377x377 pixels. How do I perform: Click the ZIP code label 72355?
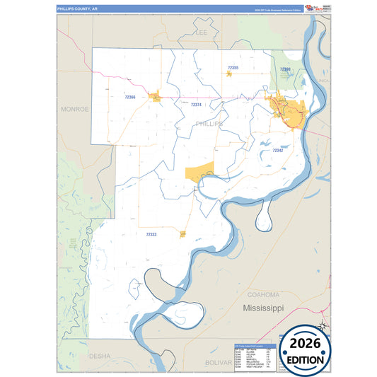pyautogui.click(x=233, y=68)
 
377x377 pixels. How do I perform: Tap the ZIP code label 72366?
pyautogui.click(x=129, y=97)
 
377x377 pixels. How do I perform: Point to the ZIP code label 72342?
pyautogui.click(x=277, y=151)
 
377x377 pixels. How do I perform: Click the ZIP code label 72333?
pyautogui.click(x=151, y=233)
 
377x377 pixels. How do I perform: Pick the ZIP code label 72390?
pyautogui.click(x=284, y=69)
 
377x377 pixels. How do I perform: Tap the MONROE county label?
pyautogui.click(x=74, y=110)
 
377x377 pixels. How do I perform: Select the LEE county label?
pyautogui.click(x=200, y=33)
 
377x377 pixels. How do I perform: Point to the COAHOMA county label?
pyautogui.click(x=263, y=294)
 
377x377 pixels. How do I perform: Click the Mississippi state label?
pyautogui.click(x=263, y=308)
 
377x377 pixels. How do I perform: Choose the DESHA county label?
pyautogui.click(x=99, y=356)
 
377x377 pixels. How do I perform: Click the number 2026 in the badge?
pyautogui.click(x=306, y=344)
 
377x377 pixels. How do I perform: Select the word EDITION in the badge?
pyautogui.click(x=306, y=359)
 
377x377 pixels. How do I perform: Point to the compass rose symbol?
pyautogui.click(x=321, y=325)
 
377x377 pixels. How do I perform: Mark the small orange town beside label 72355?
pyautogui.click(x=230, y=73)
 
